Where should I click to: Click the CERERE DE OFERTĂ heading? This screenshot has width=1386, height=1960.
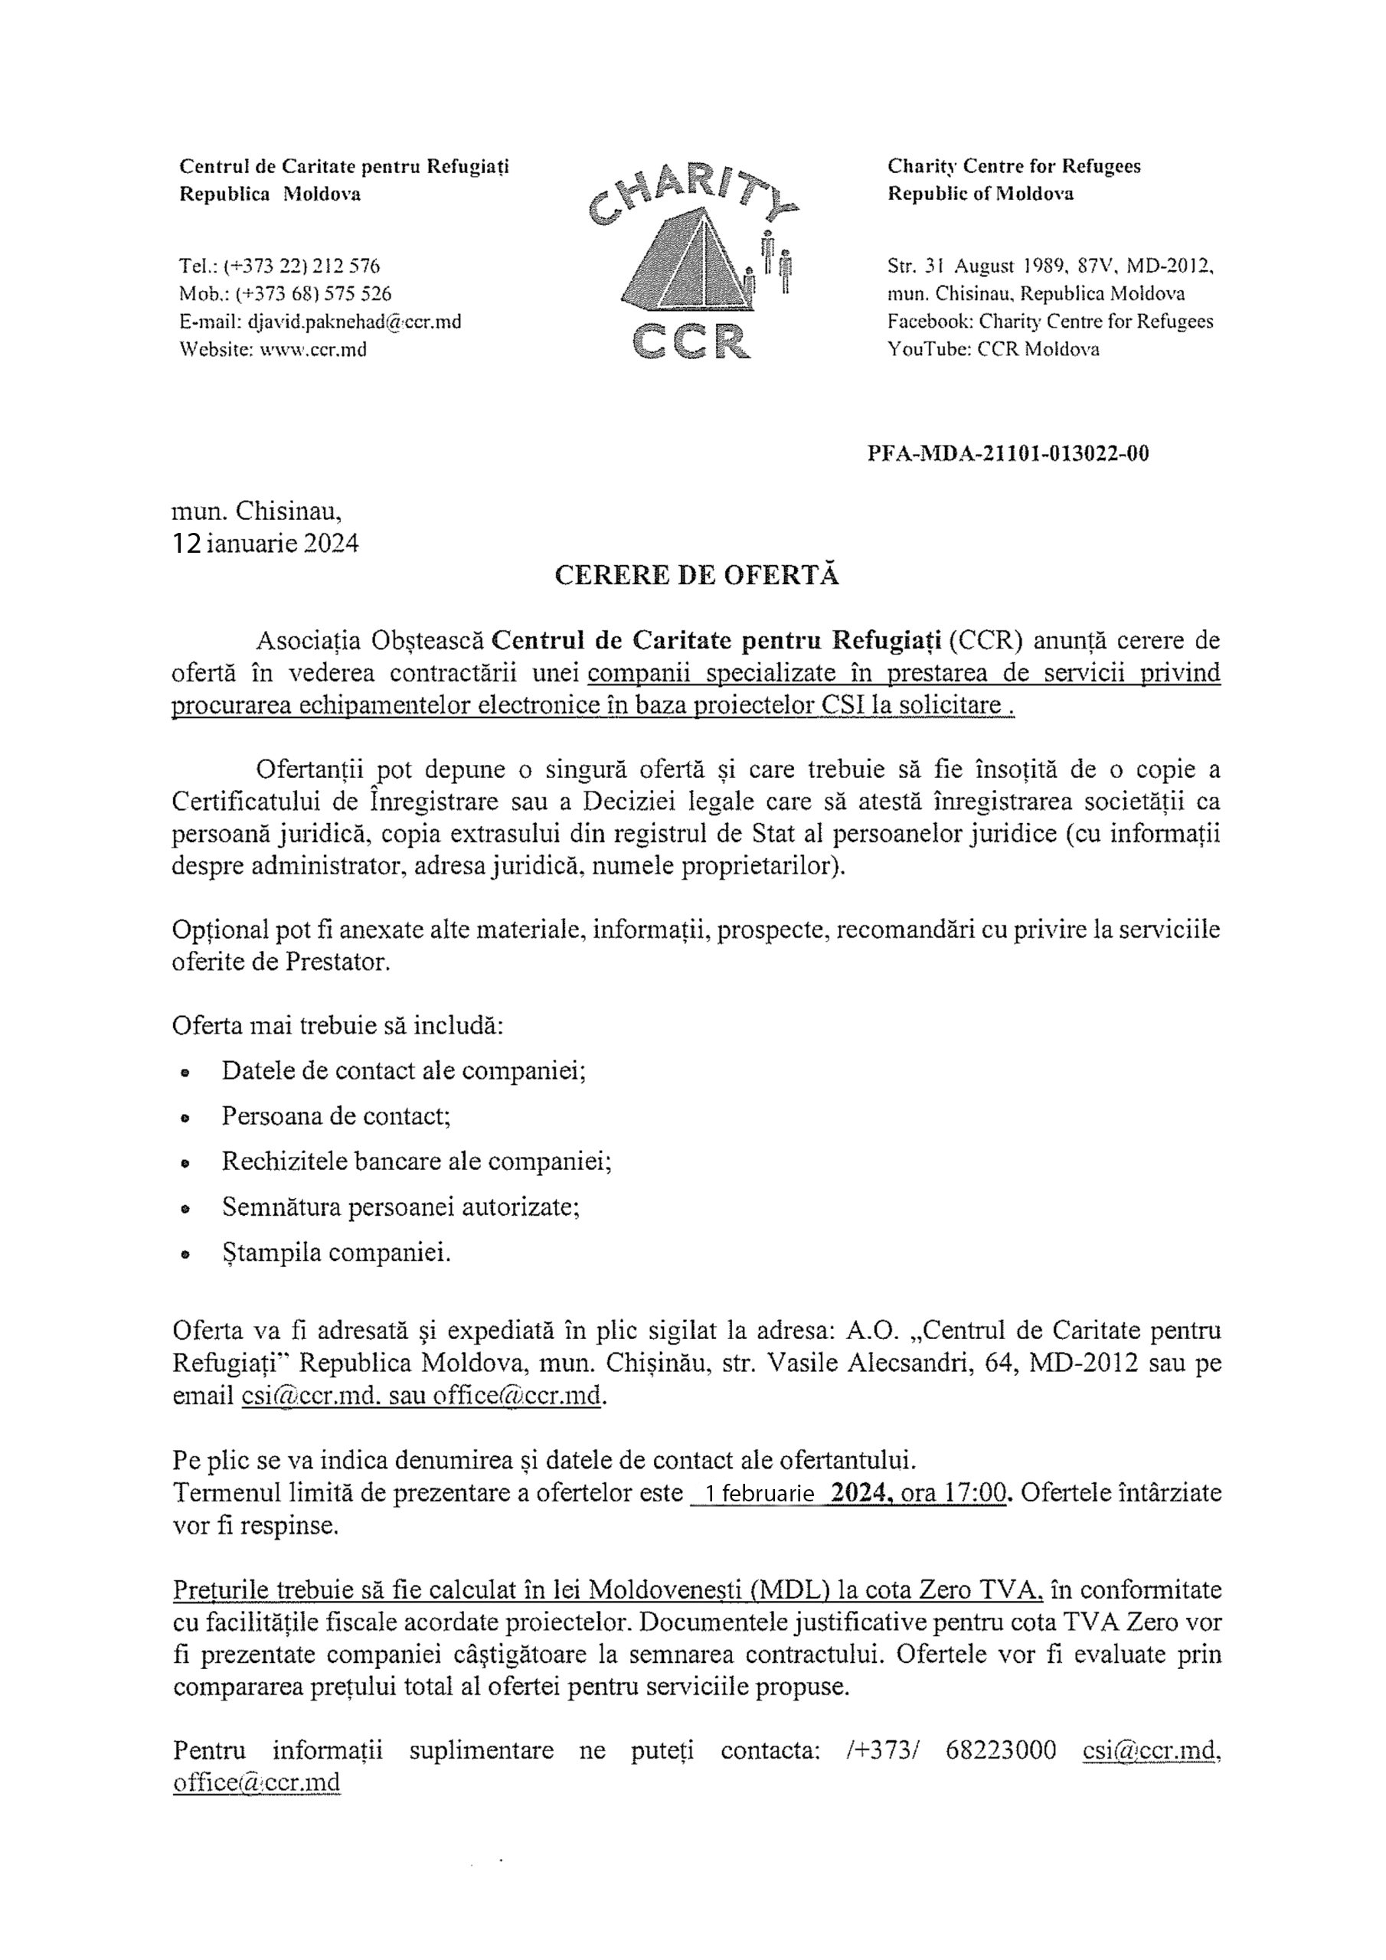click(x=696, y=575)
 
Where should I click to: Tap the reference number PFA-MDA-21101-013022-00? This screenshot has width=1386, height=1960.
click(x=1008, y=453)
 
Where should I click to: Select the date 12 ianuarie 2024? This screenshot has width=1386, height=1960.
click(x=266, y=544)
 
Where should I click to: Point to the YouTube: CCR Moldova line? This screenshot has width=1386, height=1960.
click(x=993, y=349)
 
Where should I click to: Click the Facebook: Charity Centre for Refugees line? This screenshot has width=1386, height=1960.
click(x=1050, y=322)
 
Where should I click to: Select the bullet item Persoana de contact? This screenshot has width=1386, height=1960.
click(x=335, y=1116)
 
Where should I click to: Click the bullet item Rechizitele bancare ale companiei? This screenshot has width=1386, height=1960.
click(x=416, y=1161)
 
